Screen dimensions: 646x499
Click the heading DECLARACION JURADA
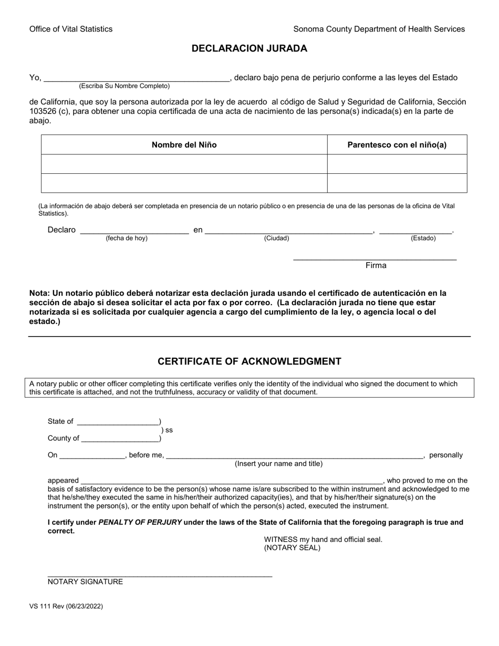click(x=249, y=48)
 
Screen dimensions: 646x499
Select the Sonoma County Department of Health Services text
click(x=379, y=29)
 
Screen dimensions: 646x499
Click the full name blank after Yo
click(x=137, y=78)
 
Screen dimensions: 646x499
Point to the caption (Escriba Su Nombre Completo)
click(x=124, y=86)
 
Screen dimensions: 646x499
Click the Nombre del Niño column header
click(x=184, y=145)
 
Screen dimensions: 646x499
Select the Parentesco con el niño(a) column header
click(x=397, y=145)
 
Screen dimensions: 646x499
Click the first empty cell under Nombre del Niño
click(x=184, y=164)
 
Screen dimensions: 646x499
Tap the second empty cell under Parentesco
click(x=397, y=183)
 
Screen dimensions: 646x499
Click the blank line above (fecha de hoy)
click(x=134, y=230)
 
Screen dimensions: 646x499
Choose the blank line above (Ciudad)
click(x=289, y=230)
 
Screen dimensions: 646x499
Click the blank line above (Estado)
click(x=415, y=230)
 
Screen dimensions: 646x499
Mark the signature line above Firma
click(x=375, y=257)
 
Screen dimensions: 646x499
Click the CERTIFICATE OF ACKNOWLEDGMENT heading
click(x=249, y=361)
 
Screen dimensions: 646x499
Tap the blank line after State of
click(x=118, y=422)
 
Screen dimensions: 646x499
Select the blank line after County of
click(x=120, y=439)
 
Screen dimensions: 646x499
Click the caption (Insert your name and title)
click(x=278, y=464)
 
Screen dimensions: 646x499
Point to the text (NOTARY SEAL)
click(x=292, y=548)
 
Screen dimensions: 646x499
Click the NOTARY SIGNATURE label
click(x=85, y=582)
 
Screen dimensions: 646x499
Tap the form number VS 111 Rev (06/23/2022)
click(x=66, y=606)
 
